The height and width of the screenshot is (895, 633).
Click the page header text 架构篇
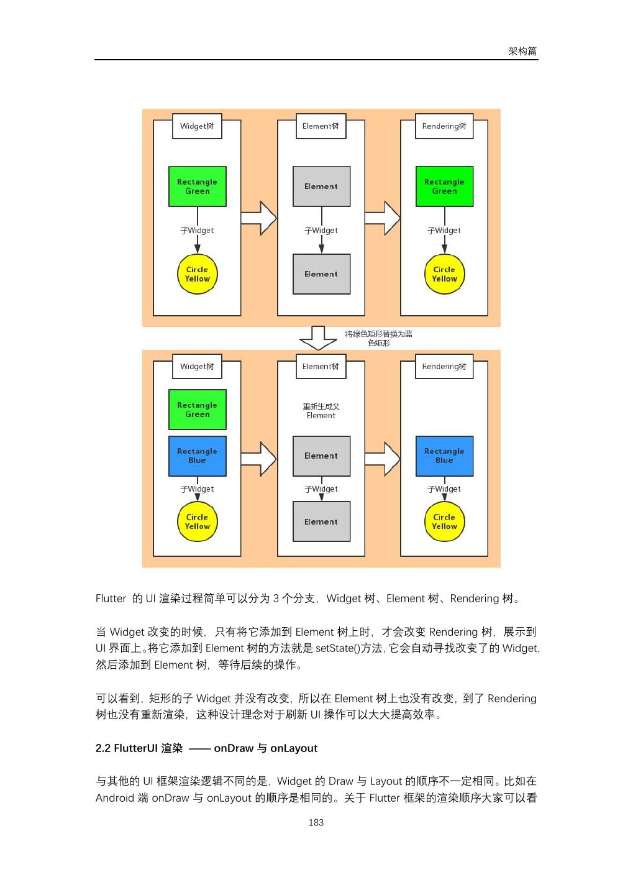522,51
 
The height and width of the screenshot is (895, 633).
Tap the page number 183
316,822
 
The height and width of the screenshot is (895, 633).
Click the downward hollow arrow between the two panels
318,338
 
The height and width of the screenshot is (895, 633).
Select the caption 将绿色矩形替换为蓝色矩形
378,338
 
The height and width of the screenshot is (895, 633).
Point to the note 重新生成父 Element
321,411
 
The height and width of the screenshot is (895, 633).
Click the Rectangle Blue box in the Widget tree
197,456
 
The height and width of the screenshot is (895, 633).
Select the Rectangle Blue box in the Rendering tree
444,456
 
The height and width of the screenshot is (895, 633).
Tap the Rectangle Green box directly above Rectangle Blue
197,410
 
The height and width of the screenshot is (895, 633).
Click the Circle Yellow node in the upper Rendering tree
444,274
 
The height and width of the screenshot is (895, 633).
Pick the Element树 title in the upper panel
321,126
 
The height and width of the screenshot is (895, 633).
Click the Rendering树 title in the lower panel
444,367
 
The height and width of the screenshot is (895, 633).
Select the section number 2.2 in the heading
103,748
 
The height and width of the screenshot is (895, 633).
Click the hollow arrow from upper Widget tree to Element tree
258,218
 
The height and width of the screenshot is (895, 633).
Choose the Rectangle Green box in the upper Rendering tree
444,186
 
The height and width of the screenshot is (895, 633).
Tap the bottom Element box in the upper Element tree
321,274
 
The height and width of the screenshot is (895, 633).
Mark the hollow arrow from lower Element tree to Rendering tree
382,459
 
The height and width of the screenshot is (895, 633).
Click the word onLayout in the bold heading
294,748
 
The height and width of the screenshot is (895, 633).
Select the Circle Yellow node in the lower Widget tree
197,521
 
